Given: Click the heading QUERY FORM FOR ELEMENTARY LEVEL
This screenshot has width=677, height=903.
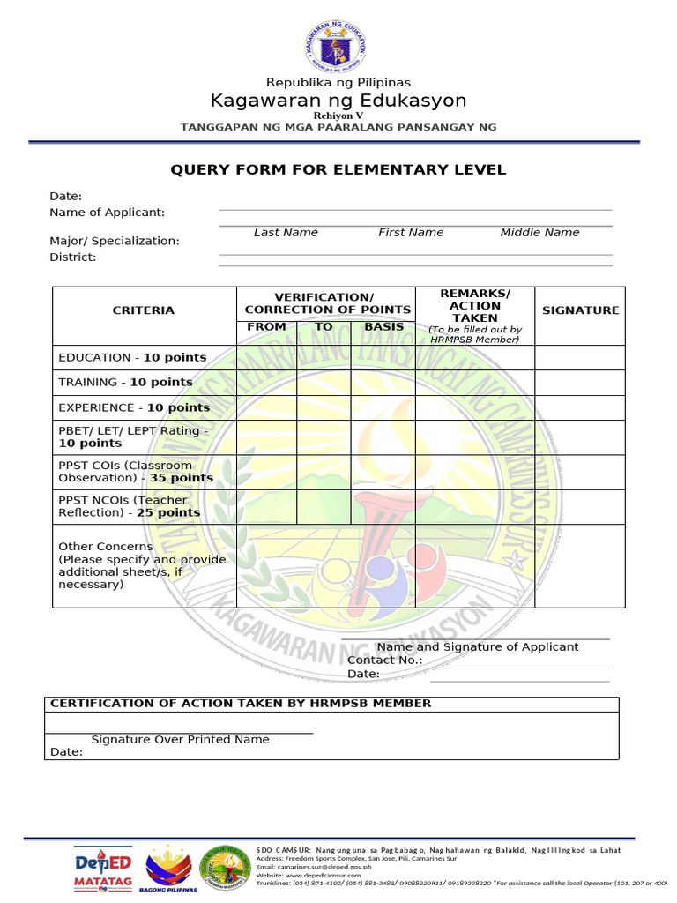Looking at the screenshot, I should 338,169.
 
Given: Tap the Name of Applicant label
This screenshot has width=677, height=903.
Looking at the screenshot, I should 107,213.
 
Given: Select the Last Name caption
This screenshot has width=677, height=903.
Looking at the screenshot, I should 286,233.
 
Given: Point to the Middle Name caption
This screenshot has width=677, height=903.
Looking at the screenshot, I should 539,233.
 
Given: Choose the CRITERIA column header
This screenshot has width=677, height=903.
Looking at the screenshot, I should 143,310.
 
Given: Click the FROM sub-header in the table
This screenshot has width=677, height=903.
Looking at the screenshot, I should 266,327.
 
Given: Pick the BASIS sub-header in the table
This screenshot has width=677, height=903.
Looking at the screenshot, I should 383,327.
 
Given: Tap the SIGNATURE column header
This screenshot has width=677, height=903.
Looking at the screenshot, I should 580,310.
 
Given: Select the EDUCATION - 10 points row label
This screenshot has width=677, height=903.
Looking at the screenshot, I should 132,357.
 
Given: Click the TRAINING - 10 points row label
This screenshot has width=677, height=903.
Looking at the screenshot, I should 125,383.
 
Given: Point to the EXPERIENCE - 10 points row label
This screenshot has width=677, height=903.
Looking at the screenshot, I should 134,408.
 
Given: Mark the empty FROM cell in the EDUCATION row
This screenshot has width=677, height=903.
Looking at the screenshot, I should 266,357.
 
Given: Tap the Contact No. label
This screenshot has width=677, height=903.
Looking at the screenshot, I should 384,660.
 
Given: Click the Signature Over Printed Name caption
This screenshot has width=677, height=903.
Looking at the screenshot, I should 180,740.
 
